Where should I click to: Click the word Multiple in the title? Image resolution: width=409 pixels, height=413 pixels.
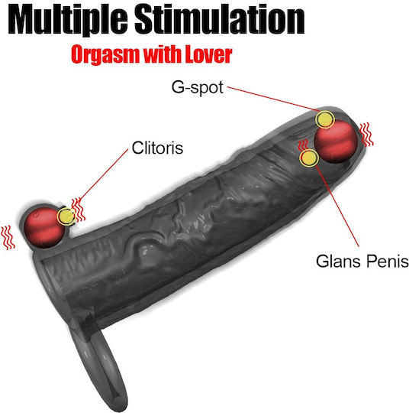click(68, 19)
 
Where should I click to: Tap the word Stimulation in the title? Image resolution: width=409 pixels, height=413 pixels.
click(220, 19)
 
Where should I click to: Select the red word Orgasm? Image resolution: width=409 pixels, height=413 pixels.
click(105, 55)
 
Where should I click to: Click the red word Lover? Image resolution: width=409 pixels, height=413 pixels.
click(209, 54)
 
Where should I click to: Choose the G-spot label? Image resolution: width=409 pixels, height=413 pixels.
click(198, 87)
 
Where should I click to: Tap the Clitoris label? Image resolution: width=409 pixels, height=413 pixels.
click(157, 148)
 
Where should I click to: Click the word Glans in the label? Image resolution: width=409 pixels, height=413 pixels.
click(338, 261)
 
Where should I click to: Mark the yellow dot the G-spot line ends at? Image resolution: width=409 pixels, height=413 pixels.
click(325, 119)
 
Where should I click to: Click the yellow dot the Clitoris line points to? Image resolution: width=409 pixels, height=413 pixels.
click(66, 216)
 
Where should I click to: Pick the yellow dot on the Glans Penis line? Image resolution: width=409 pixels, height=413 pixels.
click(309, 158)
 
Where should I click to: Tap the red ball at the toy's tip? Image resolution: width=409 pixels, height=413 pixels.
click(336, 141)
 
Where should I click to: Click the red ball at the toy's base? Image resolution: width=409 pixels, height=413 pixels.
click(44, 228)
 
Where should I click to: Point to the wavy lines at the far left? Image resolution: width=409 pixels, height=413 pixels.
click(8, 237)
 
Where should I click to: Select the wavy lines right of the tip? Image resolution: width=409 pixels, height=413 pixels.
click(366, 135)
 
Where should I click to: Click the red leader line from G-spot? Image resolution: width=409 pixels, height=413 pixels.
click(274, 99)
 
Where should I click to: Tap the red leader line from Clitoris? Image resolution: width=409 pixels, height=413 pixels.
click(103, 176)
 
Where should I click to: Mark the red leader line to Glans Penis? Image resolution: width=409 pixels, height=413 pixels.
click(337, 206)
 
